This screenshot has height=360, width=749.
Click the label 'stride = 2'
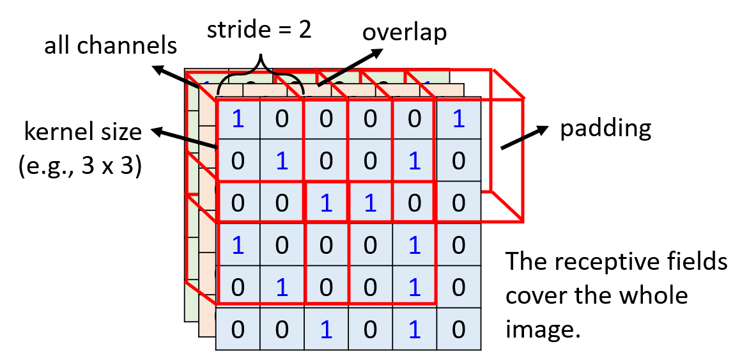point(259,31)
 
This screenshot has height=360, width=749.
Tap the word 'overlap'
point(405,33)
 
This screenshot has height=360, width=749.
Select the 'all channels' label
point(110,45)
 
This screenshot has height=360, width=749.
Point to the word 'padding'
point(605,129)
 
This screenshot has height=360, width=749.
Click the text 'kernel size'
point(82,132)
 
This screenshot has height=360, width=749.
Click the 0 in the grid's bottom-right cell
point(458,329)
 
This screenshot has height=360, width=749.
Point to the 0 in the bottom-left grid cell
point(238,329)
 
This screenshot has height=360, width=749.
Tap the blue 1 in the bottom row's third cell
point(326,329)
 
